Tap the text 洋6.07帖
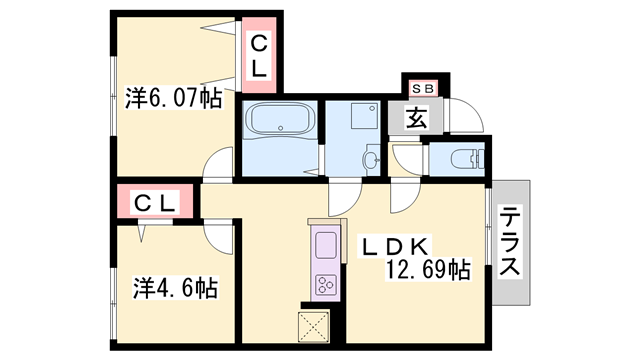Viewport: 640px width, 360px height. click(171, 99)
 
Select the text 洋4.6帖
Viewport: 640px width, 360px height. click(175, 289)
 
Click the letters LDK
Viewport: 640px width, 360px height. click(395, 246)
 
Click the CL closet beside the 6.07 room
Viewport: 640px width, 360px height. click(259, 55)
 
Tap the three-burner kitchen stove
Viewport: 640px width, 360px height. click(327, 284)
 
